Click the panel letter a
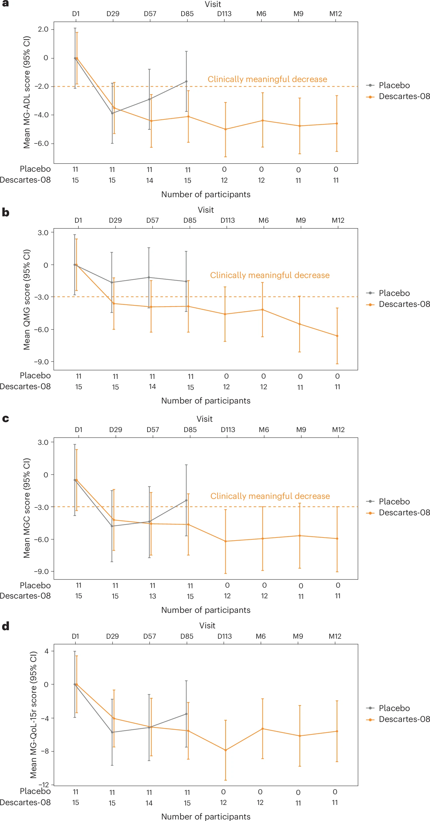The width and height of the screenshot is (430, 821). point(5,4)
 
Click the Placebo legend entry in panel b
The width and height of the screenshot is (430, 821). point(394,293)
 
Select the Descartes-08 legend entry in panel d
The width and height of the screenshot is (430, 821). point(404,719)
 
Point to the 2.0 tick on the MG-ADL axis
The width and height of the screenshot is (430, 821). point(43,29)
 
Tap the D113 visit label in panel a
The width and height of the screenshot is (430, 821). point(224,14)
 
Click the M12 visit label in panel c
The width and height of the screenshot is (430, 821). point(338,430)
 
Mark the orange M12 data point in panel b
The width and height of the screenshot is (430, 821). point(337,336)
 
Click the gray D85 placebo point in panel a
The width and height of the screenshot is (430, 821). point(186,82)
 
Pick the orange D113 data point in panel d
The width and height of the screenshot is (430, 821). point(226,750)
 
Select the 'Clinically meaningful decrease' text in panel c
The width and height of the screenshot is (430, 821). point(270,496)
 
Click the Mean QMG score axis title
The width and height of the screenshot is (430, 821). point(27,300)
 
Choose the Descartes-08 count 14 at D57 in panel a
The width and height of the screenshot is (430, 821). point(150,181)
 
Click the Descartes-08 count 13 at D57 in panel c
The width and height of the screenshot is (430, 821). point(152,596)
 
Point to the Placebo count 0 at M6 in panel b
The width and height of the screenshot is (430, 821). point(263,376)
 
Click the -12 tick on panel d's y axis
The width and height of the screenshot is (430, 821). point(44,785)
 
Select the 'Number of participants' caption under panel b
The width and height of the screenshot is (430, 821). point(206,400)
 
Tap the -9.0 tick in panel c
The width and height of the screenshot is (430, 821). point(41,572)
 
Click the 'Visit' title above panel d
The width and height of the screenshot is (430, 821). point(207,626)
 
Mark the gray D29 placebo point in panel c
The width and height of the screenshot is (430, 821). point(112,526)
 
